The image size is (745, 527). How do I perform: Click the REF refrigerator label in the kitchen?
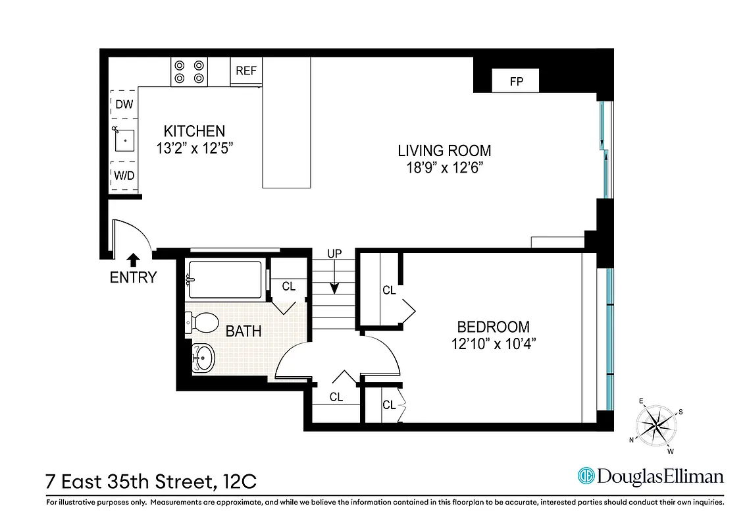coord(246,70)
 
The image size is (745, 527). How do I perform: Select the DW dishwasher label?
coord(124,104)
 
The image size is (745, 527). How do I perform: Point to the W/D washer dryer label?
coord(124,175)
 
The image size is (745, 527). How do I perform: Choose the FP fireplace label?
coord(517,82)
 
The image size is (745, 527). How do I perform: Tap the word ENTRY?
coord(133,278)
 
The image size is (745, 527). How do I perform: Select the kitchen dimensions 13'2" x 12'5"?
coord(195,149)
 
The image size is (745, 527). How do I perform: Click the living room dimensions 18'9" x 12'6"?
coord(444,168)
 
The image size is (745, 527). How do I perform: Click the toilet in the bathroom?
coord(203,323)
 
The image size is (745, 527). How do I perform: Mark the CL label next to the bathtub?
coord(288,287)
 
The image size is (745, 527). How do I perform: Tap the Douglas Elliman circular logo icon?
coord(586,476)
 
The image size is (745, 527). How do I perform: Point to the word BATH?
coord(244,331)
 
